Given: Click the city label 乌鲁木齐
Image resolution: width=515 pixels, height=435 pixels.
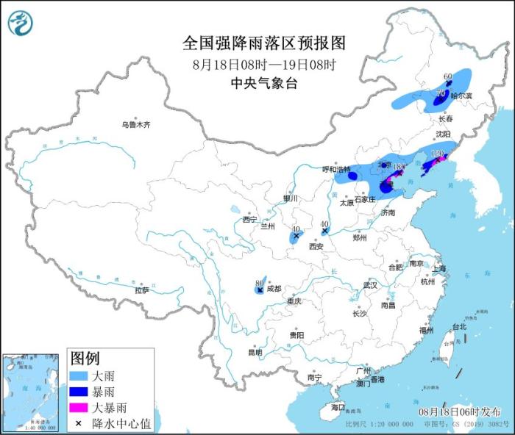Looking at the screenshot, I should coord(135,125).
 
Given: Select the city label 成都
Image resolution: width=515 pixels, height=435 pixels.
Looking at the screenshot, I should coord(274,288).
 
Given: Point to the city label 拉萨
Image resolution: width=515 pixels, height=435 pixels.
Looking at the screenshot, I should coord(141,290).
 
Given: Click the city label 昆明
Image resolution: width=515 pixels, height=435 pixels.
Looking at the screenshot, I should coord(255,352).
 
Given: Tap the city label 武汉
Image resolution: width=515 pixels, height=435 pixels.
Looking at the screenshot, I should coord(369,284).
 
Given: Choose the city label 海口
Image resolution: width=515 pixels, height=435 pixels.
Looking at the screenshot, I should coord(338,406).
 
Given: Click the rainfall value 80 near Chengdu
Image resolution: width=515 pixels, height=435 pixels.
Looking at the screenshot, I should coord(259,282).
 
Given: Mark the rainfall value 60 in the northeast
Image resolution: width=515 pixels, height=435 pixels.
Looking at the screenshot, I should coord(447,76).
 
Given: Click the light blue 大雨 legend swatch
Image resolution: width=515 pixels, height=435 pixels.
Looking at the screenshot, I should coord(81,375).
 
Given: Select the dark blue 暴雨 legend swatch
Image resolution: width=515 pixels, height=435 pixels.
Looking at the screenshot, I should coord(81,391).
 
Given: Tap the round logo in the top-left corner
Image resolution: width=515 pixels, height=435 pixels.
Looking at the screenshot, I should coord(21,23).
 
